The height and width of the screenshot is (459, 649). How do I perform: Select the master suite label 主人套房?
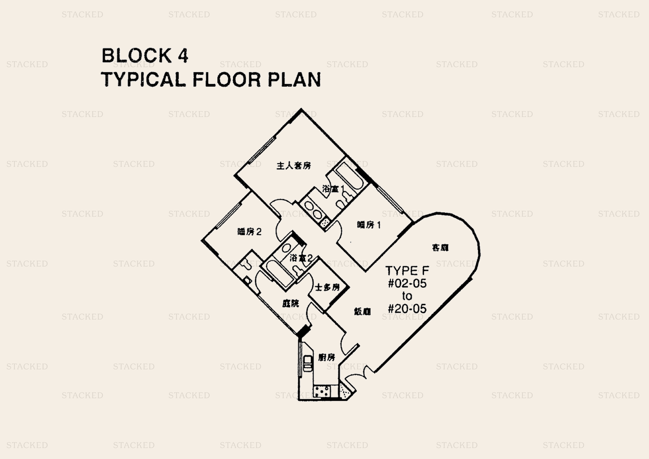[293, 166]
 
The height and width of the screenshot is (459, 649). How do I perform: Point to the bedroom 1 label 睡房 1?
[369, 225]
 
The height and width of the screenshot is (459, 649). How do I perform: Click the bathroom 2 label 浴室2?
[301, 258]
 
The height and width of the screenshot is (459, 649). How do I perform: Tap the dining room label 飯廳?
[362, 312]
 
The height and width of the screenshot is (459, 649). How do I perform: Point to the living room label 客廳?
[440, 248]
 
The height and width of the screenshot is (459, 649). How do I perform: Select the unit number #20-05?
[407, 309]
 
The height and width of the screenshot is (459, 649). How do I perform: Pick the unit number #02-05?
[407, 283]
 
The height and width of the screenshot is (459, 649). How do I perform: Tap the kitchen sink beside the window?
[307, 364]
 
